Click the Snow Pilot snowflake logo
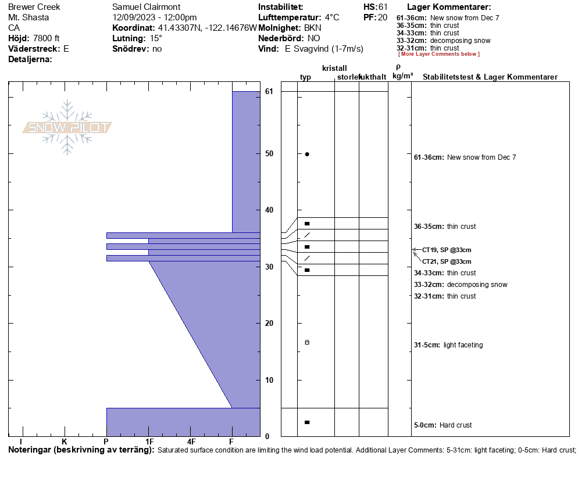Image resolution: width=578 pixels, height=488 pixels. (x=67, y=127)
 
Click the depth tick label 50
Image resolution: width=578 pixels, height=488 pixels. (x=269, y=153)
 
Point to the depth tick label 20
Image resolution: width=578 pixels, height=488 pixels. (x=269, y=323)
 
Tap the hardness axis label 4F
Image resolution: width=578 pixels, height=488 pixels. (x=191, y=442)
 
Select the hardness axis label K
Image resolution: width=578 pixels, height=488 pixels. (x=65, y=442)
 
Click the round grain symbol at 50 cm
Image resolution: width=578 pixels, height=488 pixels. (x=307, y=155)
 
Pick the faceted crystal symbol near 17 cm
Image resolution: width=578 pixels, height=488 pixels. (x=307, y=342)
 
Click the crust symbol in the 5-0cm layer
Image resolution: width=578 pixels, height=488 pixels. (x=307, y=422)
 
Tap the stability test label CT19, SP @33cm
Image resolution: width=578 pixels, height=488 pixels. (x=447, y=250)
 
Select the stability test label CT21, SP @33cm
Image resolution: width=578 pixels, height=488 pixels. (x=447, y=261)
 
